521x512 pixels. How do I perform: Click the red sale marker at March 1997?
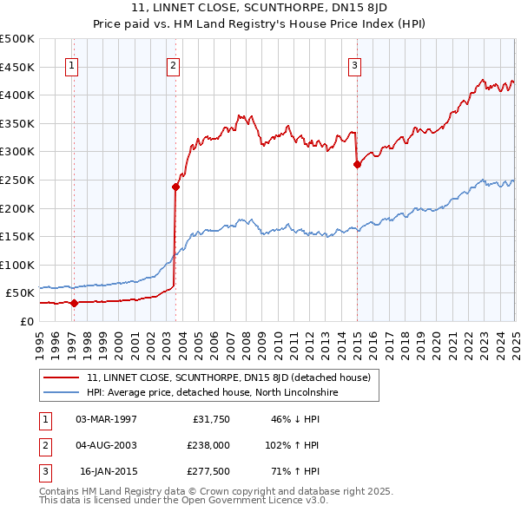(x=74, y=303)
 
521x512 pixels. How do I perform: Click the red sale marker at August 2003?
(x=175, y=187)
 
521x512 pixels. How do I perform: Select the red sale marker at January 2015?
(x=357, y=164)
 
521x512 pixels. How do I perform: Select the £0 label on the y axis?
(x=27, y=321)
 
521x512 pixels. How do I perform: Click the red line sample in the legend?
(x=61, y=377)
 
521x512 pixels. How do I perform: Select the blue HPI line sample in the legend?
(x=61, y=393)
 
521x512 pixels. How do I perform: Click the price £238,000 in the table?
(x=208, y=445)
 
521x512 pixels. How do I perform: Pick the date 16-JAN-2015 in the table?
(x=108, y=472)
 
